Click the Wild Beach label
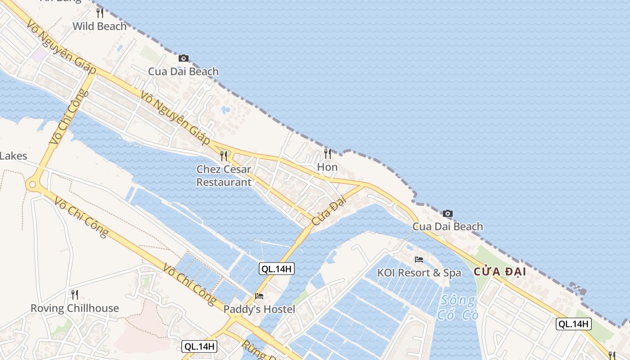point(99,27)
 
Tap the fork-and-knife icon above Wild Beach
point(100,13)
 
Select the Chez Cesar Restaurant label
point(224,176)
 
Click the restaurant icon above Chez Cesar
point(224,156)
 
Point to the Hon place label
point(327,167)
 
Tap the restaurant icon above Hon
point(328,154)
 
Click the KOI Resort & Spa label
point(419,273)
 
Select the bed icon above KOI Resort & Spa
point(419,260)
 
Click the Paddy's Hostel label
point(259,309)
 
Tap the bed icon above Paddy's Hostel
point(259,296)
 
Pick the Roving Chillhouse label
point(75,308)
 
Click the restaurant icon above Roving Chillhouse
point(75,295)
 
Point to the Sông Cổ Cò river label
point(458,307)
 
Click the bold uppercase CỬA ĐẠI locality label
point(499,272)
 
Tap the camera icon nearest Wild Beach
point(183,58)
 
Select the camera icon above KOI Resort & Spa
point(447,213)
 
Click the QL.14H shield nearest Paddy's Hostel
point(277,269)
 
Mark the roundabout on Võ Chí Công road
point(32,184)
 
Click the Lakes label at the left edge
point(13,156)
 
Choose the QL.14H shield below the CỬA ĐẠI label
point(573,324)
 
